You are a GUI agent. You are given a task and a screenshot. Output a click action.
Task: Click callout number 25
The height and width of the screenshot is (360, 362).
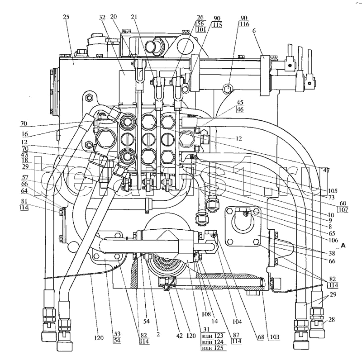[67, 17]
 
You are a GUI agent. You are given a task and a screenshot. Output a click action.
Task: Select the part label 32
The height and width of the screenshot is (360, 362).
[102, 17]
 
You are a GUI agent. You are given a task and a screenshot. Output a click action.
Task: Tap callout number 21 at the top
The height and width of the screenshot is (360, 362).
[134, 17]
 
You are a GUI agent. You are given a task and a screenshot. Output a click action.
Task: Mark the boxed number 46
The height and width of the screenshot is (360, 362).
[239, 110]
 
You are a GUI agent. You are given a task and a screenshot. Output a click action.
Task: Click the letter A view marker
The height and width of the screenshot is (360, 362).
[344, 246]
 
